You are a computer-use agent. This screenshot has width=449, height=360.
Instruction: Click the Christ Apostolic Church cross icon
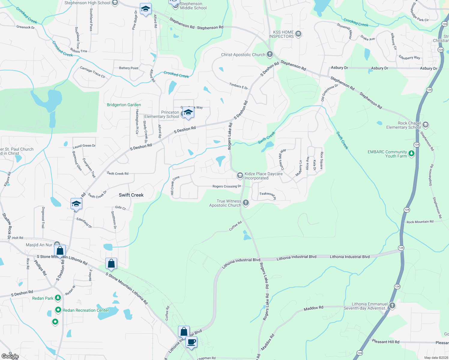(270, 54)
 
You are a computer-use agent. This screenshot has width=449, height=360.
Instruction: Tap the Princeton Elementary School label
(162, 114)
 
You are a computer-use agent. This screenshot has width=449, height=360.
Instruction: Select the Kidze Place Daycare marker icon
(240, 175)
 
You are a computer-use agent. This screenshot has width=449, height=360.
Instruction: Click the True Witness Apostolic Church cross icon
(246, 203)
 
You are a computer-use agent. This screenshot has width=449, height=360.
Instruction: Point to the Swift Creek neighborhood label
(131, 195)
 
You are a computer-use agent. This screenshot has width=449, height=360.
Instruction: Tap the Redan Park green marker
(58, 298)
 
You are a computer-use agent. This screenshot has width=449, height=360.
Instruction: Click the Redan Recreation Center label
(86, 310)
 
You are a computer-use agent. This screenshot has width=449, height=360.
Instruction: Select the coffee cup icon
(191, 342)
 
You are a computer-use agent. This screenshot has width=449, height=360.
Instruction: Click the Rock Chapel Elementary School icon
(426, 124)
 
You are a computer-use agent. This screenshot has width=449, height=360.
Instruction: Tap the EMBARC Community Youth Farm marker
(411, 154)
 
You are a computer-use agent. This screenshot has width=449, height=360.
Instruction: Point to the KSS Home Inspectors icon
(298, 34)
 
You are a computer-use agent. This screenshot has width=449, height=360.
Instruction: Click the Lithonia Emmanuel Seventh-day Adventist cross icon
(392, 305)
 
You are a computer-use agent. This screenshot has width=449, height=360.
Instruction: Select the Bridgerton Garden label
(124, 105)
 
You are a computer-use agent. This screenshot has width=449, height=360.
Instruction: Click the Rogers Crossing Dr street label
(227, 186)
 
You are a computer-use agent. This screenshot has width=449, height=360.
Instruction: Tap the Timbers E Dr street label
(239, 86)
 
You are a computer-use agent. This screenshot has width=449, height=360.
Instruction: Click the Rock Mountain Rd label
(420, 222)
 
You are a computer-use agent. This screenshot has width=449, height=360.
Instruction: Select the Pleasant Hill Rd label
(386, 342)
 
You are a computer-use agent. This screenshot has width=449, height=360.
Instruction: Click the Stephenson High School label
(87, 3)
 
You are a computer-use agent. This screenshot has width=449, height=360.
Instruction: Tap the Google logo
(10, 356)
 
